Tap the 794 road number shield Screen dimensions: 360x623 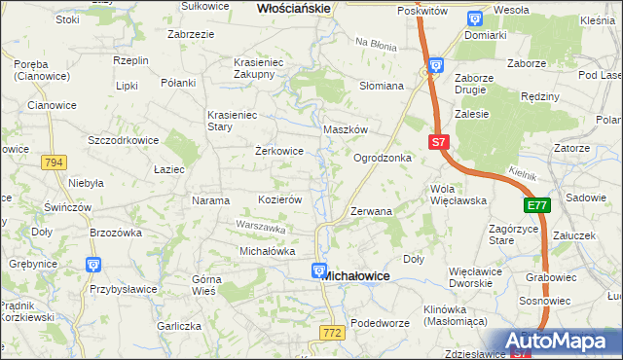(x=55, y=162)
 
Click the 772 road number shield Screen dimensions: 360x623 (x=332, y=334)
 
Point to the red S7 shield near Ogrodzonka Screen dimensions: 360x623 (x=438, y=142)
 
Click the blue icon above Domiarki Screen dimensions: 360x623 (x=474, y=18)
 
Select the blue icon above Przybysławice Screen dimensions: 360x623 (x=93, y=263)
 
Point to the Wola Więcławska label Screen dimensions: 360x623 (x=458, y=194)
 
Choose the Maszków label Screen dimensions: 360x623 (x=345, y=129)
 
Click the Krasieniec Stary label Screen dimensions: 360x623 (x=232, y=121)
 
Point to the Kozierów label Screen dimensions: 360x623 (x=278, y=199)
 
